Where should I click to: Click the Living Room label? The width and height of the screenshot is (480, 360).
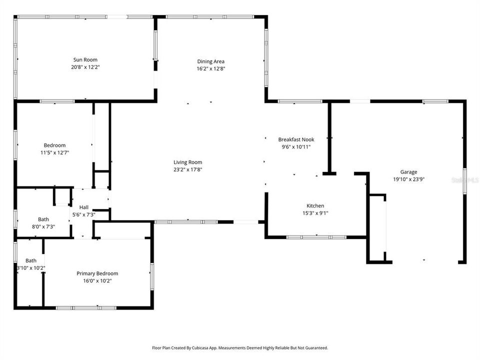pyautogui.click(x=187, y=162)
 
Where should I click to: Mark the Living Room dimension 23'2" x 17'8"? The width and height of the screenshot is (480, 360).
pyautogui.click(x=187, y=169)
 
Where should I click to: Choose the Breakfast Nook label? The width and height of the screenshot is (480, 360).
pyautogui.click(x=296, y=139)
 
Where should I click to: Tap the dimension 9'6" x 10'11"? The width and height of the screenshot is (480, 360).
pyautogui.click(x=296, y=146)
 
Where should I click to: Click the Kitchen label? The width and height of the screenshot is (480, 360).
pyautogui.click(x=315, y=205)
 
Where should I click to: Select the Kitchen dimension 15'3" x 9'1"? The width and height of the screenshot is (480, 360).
pyautogui.click(x=315, y=212)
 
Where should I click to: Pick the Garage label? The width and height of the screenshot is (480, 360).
pyautogui.click(x=408, y=172)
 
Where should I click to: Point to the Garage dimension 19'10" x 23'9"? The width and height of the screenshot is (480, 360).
pyautogui.click(x=408, y=179)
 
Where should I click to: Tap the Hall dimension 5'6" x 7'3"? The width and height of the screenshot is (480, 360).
pyautogui.click(x=83, y=214)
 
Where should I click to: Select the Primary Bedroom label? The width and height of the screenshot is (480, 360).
pyautogui.click(x=97, y=273)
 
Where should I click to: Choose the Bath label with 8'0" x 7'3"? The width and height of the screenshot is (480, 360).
pyautogui.click(x=43, y=219)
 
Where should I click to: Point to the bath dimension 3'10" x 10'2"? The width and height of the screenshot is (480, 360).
pyautogui.click(x=31, y=267)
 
